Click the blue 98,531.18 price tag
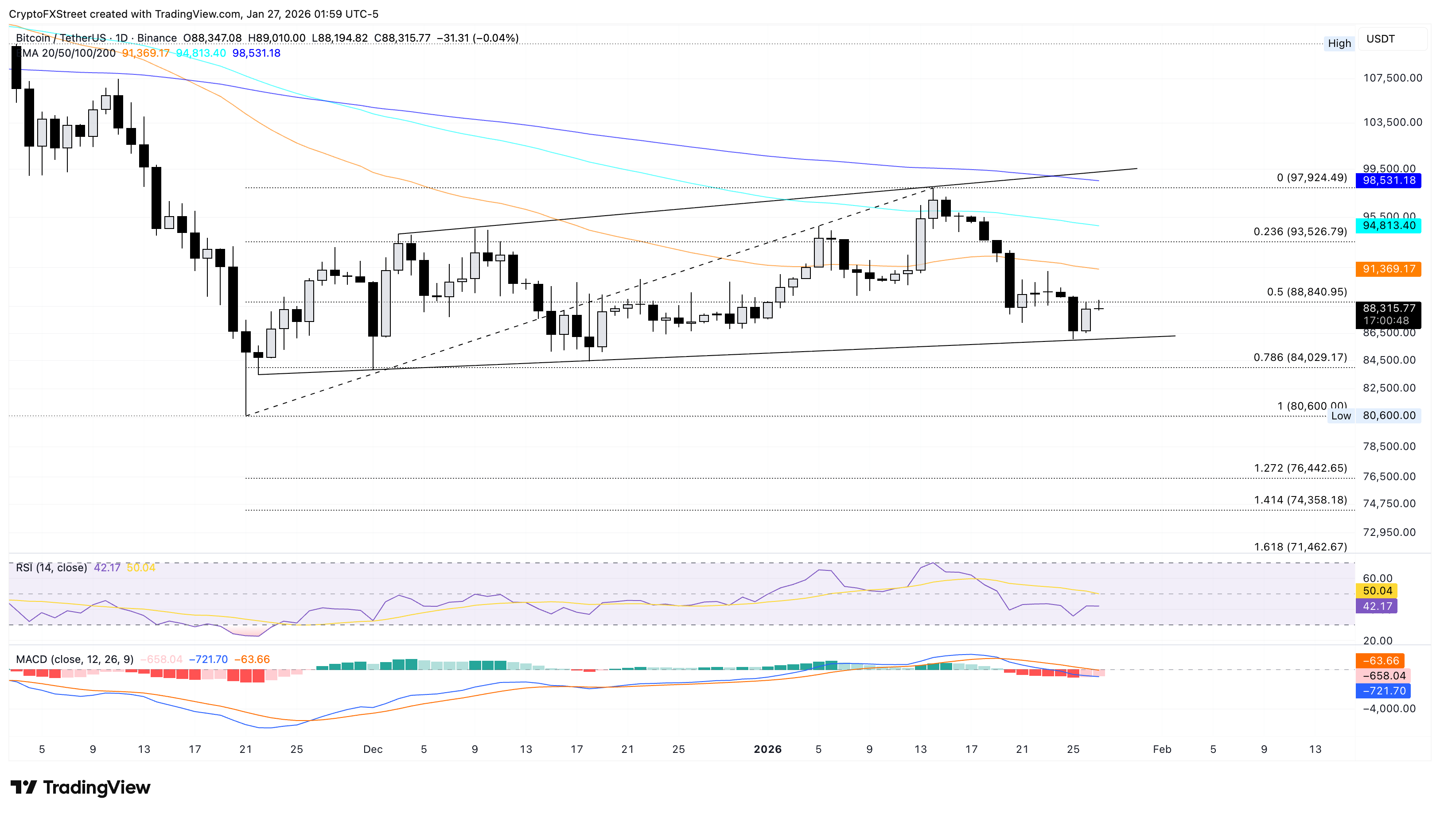(x=1389, y=181)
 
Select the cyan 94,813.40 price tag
(x=1389, y=226)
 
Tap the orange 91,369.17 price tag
(x=1389, y=269)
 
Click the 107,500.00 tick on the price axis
(x=1392, y=78)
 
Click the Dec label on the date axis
(x=373, y=749)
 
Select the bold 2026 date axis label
(x=767, y=749)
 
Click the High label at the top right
(x=1339, y=43)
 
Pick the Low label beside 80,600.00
(x=1340, y=416)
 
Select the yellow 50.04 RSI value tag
(x=1377, y=591)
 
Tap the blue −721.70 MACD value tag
(x=1384, y=691)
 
